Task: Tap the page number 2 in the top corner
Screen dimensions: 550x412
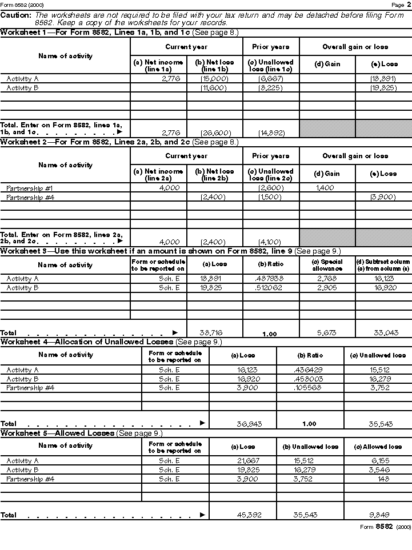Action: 408,5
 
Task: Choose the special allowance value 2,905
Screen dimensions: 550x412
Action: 327,288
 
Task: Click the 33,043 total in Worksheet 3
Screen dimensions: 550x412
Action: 383,332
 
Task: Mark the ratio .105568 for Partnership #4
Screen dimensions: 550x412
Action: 310,388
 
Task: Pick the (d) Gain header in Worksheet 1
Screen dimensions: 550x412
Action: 327,64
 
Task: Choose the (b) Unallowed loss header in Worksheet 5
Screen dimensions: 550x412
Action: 311,447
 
